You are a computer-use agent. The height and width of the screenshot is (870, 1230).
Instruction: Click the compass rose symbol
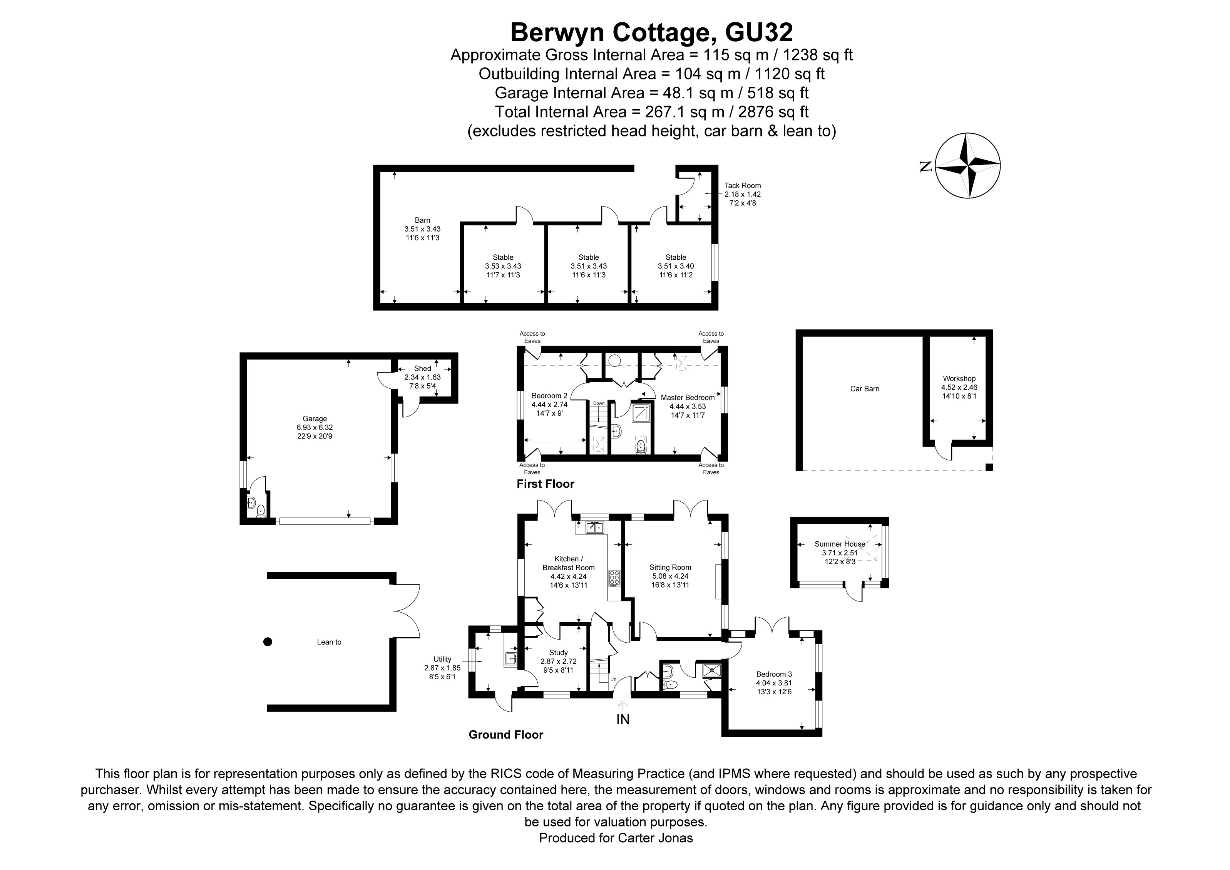point(967,166)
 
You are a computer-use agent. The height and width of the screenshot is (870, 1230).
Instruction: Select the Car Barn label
point(865,389)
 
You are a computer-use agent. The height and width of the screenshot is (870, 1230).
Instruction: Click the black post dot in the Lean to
point(268,642)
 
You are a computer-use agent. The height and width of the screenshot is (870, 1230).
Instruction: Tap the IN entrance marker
point(623,719)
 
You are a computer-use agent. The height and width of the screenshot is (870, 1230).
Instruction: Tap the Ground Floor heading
point(506,735)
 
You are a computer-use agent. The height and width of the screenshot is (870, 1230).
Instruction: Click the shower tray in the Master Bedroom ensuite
point(642,414)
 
